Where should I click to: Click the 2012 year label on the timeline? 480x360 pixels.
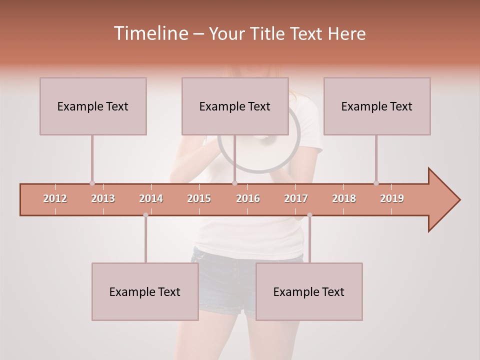[x=55, y=198]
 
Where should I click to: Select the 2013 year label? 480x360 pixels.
[x=103, y=198]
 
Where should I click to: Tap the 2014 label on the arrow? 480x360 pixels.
[x=151, y=198]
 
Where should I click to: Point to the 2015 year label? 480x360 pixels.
[x=199, y=198]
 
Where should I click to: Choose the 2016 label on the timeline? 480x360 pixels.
[x=248, y=198]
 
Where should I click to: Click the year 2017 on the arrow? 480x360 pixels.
[x=296, y=198]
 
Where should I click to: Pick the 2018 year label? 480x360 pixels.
[x=344, y=198]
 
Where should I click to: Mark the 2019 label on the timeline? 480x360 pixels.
[x=392, y=198]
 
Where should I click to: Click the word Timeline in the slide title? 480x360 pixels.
[x=150, y=33]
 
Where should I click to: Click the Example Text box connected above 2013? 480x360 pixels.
[x=93, y=106]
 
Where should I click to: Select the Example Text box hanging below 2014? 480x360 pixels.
[x=145, y=292]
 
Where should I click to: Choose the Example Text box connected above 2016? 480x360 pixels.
[x=235, y=106]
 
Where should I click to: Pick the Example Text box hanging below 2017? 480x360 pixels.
[x=309, y=292]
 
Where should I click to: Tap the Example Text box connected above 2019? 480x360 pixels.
[x=377, y=106]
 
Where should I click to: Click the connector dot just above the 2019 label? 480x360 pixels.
[x=376, y=183]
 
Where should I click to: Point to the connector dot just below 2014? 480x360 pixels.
[x=145, y=215]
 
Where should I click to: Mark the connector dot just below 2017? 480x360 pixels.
[x=309, y=215]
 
